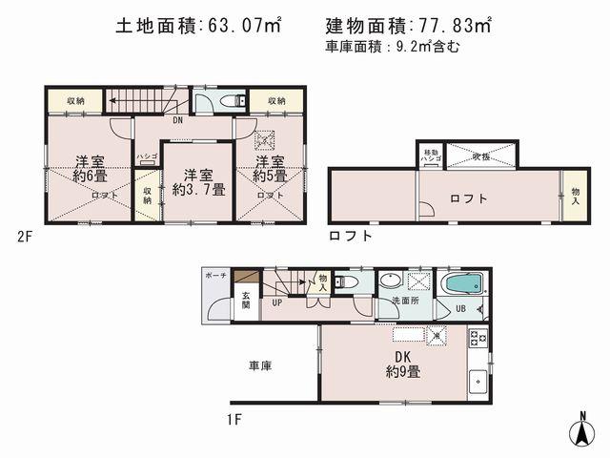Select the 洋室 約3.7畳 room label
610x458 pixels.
coord(197,181)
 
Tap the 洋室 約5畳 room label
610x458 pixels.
coord(269,168)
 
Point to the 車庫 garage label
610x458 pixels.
coord(260,365)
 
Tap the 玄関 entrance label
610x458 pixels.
coord(245,301)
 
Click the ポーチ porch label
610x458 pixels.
coord(214,276)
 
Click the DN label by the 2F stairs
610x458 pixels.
coord(178,121)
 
